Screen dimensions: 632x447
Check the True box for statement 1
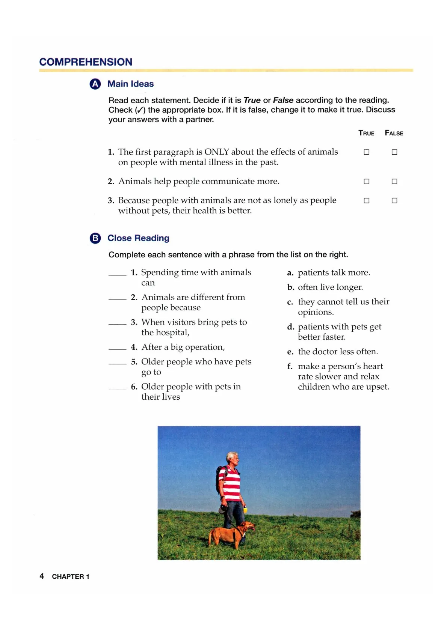tap(366, 152)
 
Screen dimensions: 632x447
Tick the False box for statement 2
tap(394, 182)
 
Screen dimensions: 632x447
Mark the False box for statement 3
tap(394, 201)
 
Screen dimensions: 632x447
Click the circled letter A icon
tap(95, 84)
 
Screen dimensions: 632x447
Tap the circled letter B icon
tap(95, 238)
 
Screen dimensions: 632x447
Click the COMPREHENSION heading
tap(86, 62)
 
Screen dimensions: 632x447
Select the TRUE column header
tap(366, 133)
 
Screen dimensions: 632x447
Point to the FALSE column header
tap(394, 133)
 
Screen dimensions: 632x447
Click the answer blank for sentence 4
tap(117, 348)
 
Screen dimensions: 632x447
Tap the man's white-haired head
tap(232, 458)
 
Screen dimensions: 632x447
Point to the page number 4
tap(42, 576)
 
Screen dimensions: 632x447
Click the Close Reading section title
tap(138, 238)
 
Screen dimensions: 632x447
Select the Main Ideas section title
tap(130, 84)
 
